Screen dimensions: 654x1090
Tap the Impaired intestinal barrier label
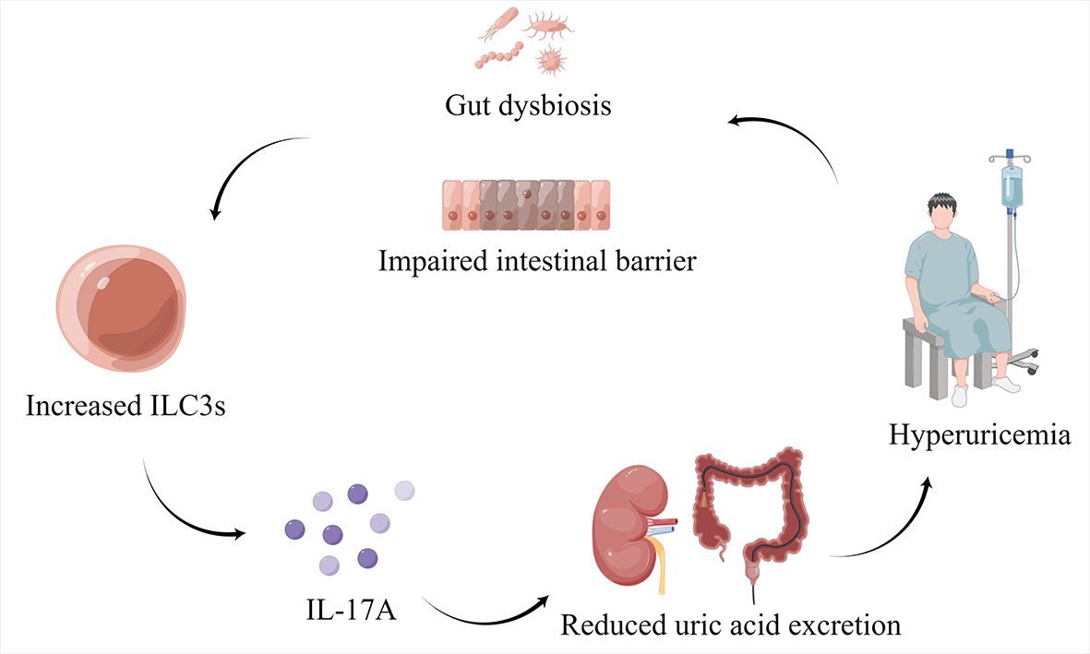pyautogui.click(x=536, y=260)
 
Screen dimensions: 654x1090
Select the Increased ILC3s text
pyautogui.click(x=127, y=405)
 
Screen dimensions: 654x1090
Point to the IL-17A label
pyautogui.click(x=350, y=610)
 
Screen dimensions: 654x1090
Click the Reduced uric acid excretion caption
pyautogui.click(x=730, y=624)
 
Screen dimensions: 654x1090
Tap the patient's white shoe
pyautogui.click(x=960, y=396)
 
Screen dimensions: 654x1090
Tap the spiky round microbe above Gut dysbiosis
pyautogui.click(x=550, y=61)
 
